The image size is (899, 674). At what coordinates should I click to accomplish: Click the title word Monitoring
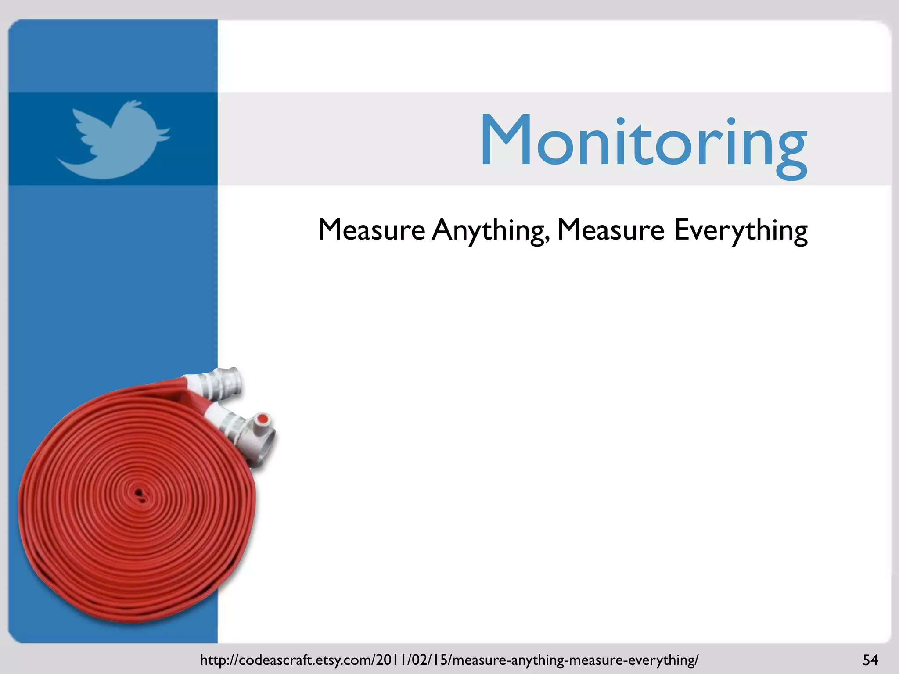point(643,141)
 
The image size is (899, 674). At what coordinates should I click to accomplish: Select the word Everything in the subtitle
point(741,230)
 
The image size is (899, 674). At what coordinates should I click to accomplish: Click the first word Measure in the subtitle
point(371,230)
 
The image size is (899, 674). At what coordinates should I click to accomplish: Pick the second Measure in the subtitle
point(610,230)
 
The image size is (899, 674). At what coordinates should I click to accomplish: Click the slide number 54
point(870,660)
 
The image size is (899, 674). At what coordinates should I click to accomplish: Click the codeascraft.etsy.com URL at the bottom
point(449,660)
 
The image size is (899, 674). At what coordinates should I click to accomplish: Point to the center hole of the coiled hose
point(139,494)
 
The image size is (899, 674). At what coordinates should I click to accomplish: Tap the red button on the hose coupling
point(263,419)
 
